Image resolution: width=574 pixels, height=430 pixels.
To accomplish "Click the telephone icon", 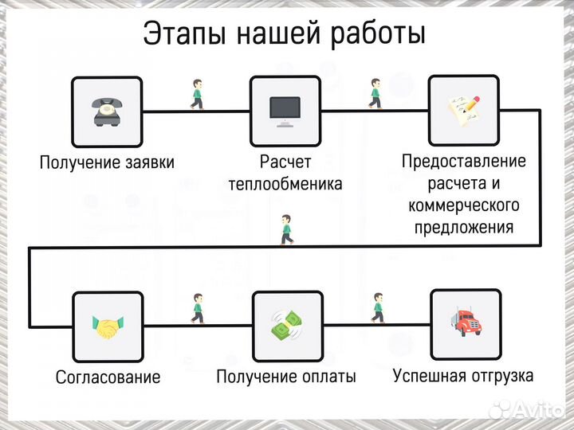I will (107, 111).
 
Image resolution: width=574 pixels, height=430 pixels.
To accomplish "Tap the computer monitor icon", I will (285, 111).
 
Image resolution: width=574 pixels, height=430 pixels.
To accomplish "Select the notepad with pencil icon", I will (464, 111).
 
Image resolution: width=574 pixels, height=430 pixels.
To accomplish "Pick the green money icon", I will (286, 326).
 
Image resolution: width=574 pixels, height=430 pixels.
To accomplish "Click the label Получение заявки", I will (107, 162).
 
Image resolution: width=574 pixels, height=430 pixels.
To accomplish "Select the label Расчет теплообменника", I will (285, 173).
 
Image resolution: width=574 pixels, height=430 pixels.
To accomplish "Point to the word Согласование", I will (108, 377).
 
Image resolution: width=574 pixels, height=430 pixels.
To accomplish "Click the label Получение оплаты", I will (286, 377).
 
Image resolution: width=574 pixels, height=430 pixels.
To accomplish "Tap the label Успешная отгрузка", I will (463, 375).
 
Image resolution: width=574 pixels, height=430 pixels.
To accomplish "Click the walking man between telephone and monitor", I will (196, 94).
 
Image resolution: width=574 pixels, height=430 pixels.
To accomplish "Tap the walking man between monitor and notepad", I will (375, 93).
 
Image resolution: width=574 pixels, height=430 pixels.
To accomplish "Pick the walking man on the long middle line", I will (286, 230).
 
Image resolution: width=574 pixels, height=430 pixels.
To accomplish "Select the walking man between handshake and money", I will (197, 308).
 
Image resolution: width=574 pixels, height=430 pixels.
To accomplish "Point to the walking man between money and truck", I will (377, 308).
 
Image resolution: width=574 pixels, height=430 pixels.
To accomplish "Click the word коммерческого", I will (463, 205).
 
